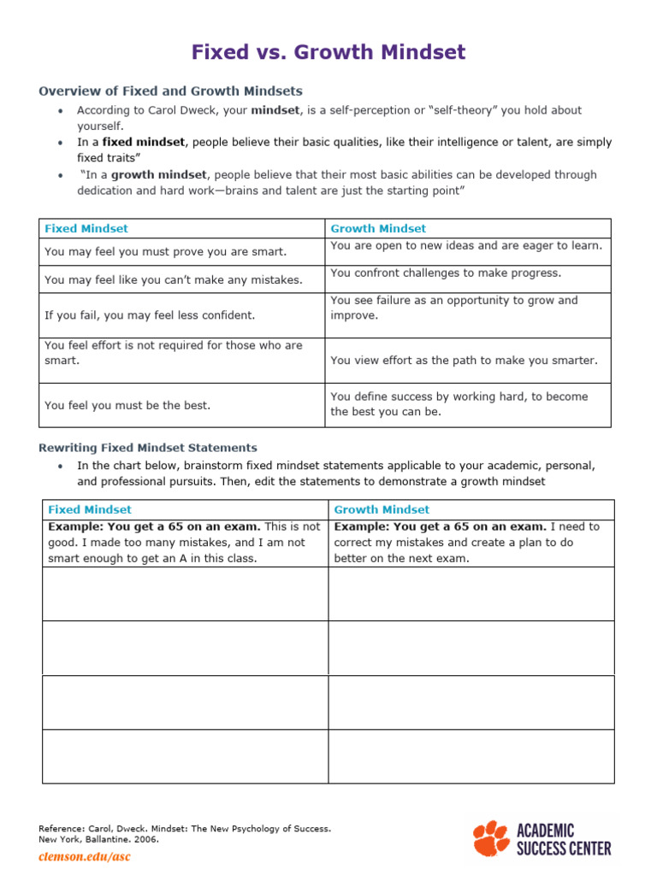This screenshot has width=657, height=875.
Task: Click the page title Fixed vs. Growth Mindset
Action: (328, 52)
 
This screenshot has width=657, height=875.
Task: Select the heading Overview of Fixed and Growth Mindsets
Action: (170, 91)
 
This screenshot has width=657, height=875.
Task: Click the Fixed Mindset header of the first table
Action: (86, 228)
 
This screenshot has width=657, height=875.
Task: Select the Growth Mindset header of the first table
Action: (378, 228)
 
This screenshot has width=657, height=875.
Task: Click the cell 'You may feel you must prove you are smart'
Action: (166, 252)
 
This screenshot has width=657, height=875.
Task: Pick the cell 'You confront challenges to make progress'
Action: (446, 273)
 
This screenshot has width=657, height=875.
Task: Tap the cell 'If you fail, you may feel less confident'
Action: (150, 315)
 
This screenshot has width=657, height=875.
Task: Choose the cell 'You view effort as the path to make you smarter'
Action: (464, 361)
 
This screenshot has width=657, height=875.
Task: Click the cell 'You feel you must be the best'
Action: (127, 406)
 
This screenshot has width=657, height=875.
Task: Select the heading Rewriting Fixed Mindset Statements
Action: (148, 448)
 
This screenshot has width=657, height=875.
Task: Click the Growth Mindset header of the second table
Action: (382, 509)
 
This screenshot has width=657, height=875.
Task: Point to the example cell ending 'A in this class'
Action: (184, 543)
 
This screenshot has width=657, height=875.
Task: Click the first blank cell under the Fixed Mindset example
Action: (185, 594)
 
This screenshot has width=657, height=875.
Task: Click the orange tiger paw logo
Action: (491, 838)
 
